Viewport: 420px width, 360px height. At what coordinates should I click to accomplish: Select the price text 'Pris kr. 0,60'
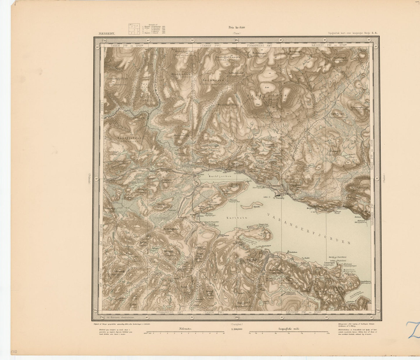pos(237,28)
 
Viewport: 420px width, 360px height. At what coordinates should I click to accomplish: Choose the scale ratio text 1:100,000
pos(237,329)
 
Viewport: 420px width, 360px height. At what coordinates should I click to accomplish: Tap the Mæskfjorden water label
pos(220,176)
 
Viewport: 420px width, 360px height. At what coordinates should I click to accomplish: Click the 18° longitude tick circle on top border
pos(237,40)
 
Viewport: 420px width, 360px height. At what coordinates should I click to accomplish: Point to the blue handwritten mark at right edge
pos(414,330)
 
